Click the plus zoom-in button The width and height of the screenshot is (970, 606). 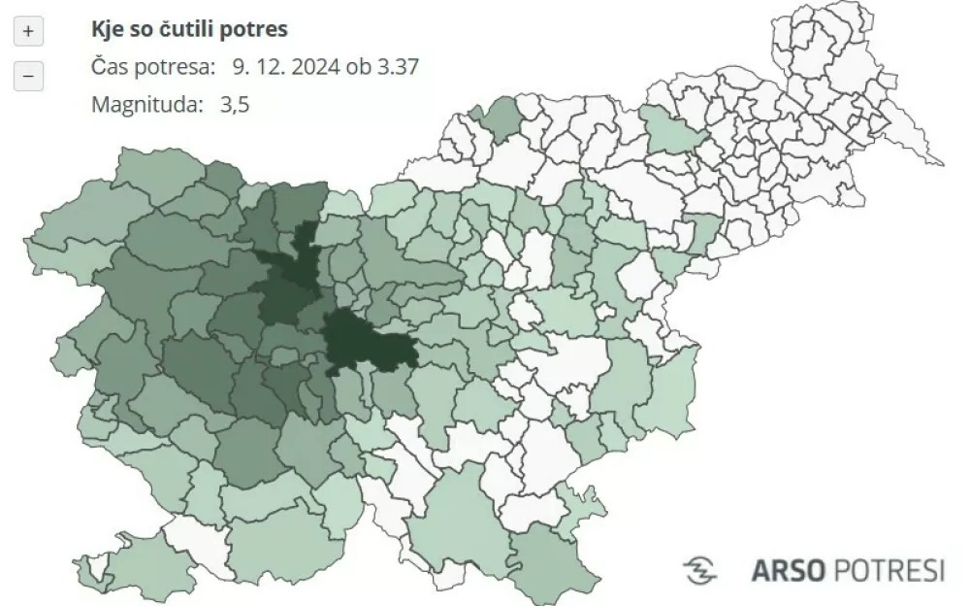(28, 32)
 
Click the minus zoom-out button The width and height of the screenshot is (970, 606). (28, 75)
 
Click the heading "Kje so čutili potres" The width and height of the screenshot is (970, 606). (189, 29)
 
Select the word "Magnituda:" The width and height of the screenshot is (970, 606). (145, 105)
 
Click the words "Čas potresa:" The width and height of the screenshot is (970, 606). (153, 67)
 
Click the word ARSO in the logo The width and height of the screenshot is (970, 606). (783, 570)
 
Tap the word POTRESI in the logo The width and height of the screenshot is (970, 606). (885, 570)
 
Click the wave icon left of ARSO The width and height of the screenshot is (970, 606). (700, 570)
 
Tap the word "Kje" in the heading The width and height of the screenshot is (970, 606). (108, 29)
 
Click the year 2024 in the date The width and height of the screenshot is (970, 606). (318, 67)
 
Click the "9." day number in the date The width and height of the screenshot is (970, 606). (239, 67)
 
